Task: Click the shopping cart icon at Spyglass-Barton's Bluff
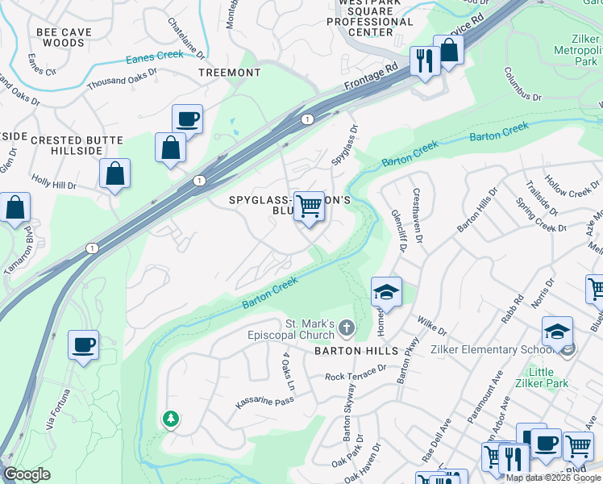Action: tap(309, 207)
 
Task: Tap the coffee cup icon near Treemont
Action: tap(187, 119)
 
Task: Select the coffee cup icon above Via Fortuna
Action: tap(83, 345)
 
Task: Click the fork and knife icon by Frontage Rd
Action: tap(424, 60)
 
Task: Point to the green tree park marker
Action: tap(170, 419)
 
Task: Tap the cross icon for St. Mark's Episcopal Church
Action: tap(346, 328)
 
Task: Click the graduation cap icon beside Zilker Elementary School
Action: tap(557, 332)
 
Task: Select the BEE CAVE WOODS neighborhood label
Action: tap(64, 38)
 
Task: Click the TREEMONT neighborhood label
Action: tap(230, 73)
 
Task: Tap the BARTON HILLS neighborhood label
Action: tap(356, 352)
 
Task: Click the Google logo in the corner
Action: tap(27, 474)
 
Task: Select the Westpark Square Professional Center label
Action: tap(371, 17)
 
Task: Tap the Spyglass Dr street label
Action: tap(344, 145)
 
